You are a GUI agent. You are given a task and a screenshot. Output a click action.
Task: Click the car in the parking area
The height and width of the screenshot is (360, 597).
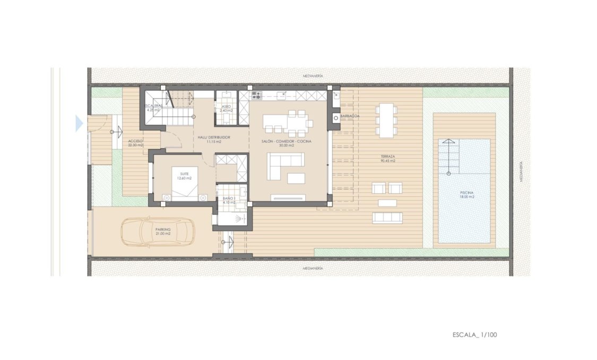[x=158, y=232]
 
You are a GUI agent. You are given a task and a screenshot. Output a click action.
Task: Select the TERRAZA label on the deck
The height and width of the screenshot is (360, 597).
[x=388, y=159]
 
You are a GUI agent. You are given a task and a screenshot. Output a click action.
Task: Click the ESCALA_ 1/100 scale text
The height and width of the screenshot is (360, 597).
[x=475, y=335]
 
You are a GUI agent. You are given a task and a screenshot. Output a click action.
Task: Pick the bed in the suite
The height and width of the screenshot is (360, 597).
[x=184, y=183]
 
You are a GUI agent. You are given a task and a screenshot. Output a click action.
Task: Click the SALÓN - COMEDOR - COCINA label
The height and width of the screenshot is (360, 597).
[x=286, y=142]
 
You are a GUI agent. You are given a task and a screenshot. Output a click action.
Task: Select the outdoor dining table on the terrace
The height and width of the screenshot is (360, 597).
[x=386, y=120]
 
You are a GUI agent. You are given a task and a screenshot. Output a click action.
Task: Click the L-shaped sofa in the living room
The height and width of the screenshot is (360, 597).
[x=284, y=164]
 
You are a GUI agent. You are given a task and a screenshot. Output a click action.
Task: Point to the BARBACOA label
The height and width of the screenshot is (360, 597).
[x=350, y=116]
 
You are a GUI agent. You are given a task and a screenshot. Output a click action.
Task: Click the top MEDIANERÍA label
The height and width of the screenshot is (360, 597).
[x=313, y=76]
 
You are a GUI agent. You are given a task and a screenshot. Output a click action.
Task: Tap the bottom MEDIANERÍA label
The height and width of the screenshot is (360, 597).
[x=313, y=268]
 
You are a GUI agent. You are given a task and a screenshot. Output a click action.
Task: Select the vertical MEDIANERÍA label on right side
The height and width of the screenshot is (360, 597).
[x=522, y=172]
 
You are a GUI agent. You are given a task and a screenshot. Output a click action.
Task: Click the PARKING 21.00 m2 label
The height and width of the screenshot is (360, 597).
[x=163, y=232]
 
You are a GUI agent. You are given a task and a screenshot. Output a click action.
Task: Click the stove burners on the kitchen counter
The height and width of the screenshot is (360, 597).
[x=256, y=96]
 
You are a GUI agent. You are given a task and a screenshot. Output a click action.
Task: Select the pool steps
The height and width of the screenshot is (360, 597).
[x=448, y=157]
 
